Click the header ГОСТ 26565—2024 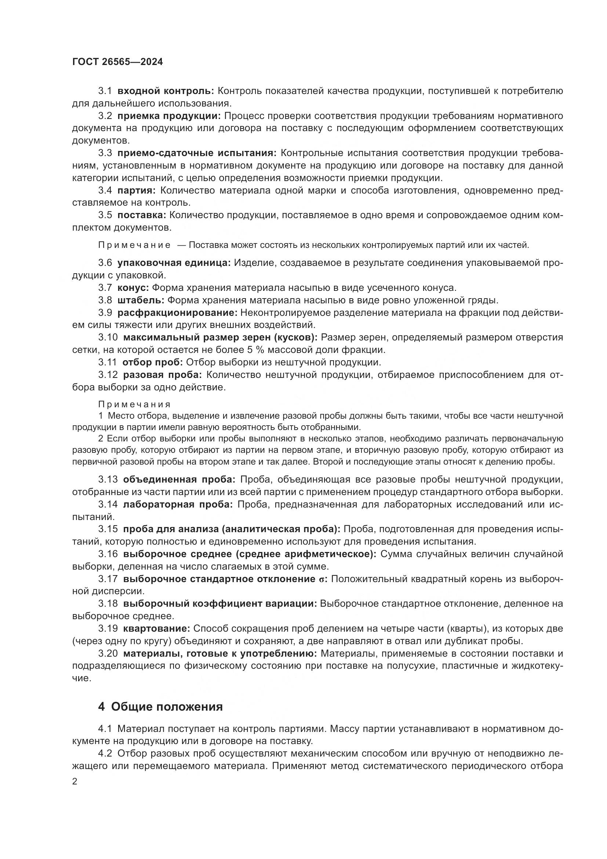pyautogui.click(x=117, y=62)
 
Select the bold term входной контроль pyautogui.click(x=166, y=91)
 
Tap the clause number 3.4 pyautogui.click(x=105, y=191)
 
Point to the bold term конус pyautogui.click(x=134, y=288)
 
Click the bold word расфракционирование pyautogui.click(x=178, y=313)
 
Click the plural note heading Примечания pyautogui.click(x=135, y=404)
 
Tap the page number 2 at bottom pyautogui.click(x=75, y=782)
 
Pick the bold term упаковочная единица pyautogui.click(x=174, y=263)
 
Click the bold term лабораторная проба pyautogui.click(x=178, y=504)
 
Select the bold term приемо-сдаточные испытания pyautogui.click(x=197, y=153)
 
